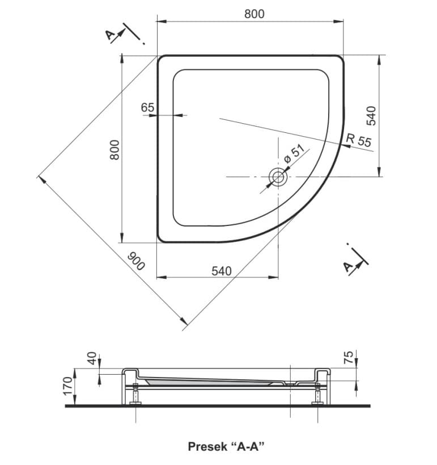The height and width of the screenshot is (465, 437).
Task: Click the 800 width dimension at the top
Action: pyautogui.click(x=254, y=14)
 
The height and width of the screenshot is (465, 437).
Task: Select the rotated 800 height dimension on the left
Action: pyautogui.click(x=114, y=149)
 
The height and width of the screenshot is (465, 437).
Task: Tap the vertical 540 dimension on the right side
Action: pyautogui.click(x=371, y=115)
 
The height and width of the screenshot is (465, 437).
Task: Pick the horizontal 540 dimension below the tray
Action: pyautogui.click(x=222, y=271)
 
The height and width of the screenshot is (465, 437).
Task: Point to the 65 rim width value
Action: pyautogui.click(x=147, y=107)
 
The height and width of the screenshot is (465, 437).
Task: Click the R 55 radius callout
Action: pyautogui.click(x=358, y=140)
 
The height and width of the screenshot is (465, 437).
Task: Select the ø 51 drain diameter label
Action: pyautogui.click(x=294, y=154)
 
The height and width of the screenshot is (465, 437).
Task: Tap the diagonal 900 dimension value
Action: pyautogui.click(x=136, y=261)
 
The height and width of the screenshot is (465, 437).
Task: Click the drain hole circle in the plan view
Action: pyautogui.click(x=278, y=177)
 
